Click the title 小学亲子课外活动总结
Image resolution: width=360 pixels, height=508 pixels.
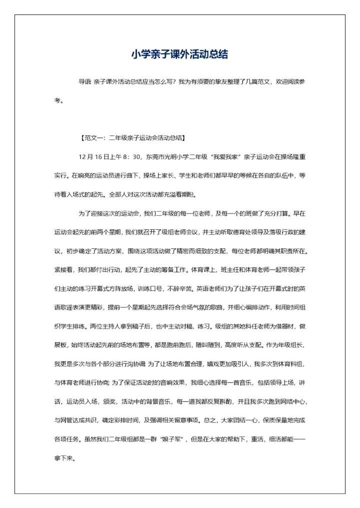(179, 54)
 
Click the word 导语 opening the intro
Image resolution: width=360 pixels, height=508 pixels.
(85, 81)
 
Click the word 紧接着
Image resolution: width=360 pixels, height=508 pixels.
(64, 270)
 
